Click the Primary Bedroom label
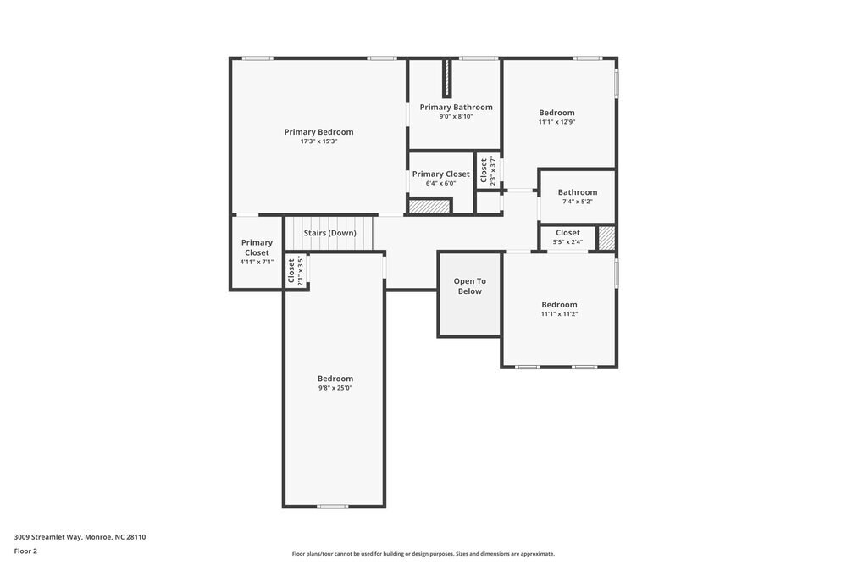[318, 132]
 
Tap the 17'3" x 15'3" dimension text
[318, 141]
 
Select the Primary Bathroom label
[456, 108]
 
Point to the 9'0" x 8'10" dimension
[456, 117]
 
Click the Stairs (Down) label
[329, 233]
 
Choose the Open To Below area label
[469, 286]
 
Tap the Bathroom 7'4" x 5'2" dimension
[577, 202]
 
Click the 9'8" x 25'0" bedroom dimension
[335, 388]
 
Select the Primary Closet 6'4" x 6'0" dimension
[440, 183]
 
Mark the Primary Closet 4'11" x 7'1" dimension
[257, 262]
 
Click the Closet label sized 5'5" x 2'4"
[567, 233]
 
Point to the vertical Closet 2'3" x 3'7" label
[484, 171]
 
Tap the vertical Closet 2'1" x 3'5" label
[291, 271]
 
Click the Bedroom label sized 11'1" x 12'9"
[556, 113]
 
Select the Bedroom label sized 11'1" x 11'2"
[559, 305]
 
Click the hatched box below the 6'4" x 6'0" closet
[429, 206]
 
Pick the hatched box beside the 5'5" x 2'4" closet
[606, 238]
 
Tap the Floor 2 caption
[25, 551]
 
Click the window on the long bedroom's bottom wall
[332, 507]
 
